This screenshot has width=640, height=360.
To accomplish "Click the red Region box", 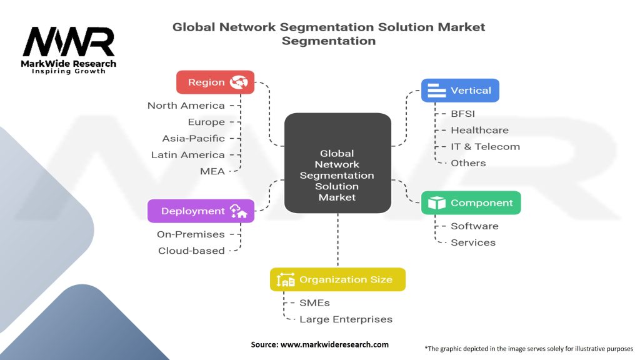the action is coord(215,82).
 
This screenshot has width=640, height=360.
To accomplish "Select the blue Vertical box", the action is coord(460,90).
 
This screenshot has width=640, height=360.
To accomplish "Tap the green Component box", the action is coord(471,203).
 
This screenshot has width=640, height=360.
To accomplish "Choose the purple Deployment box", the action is coord(201,211).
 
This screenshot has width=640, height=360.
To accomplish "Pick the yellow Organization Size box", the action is coord(337,279).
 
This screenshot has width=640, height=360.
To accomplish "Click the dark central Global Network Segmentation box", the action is coord(337,163).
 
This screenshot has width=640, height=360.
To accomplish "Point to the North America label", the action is coord(186,106).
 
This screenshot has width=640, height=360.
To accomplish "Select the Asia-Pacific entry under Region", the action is coord(194,138).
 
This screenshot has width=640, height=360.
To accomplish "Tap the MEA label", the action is coord(212,171).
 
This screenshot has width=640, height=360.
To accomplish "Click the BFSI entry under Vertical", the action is coord(463,114).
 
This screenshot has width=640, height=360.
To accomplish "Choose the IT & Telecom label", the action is coord(485,146).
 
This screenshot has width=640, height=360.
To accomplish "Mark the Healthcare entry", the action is coord(479,130).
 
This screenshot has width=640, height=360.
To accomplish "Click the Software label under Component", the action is coord(475,226).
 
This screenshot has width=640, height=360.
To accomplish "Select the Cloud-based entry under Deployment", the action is coord(191,251).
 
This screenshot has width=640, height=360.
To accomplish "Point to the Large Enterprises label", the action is coord(346,319).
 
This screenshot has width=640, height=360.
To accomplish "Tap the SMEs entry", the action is coord(315,303).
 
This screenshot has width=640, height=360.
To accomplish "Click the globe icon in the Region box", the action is coord(239,82).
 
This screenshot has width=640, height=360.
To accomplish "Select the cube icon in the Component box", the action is coord(437,203).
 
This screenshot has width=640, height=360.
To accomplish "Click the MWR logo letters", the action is coord(69,41).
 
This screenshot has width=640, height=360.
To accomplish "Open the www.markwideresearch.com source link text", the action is coord(335,344).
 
